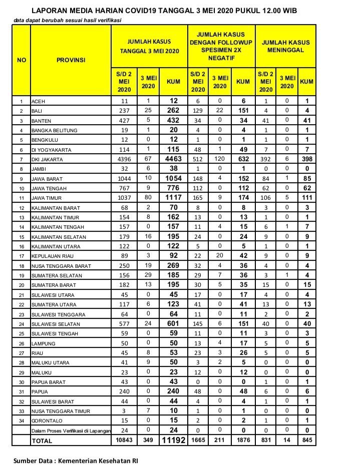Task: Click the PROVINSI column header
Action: click(x=71, y=60)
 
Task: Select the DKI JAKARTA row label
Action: click(x=48, y=159)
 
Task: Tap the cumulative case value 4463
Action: click(x=174, y=159)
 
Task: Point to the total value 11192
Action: click(x=174, y=440)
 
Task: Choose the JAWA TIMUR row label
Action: click(x=46, y=198)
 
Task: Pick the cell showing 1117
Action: click(x=174, y=198)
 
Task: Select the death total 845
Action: click(x=306, y=440)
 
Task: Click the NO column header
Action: click(x=21, y=60)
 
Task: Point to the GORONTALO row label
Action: click(x=45, y=420)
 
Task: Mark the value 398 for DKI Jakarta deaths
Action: click(x=306, y=159)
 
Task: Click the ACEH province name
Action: click(x=38, y=101)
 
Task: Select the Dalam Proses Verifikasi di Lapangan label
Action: click(x=71, y=430)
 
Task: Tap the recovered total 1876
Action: click(x=242, y=440)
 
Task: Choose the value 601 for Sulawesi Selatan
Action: click(x=174, y=324)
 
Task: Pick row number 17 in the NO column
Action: click(x=21, y=256)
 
